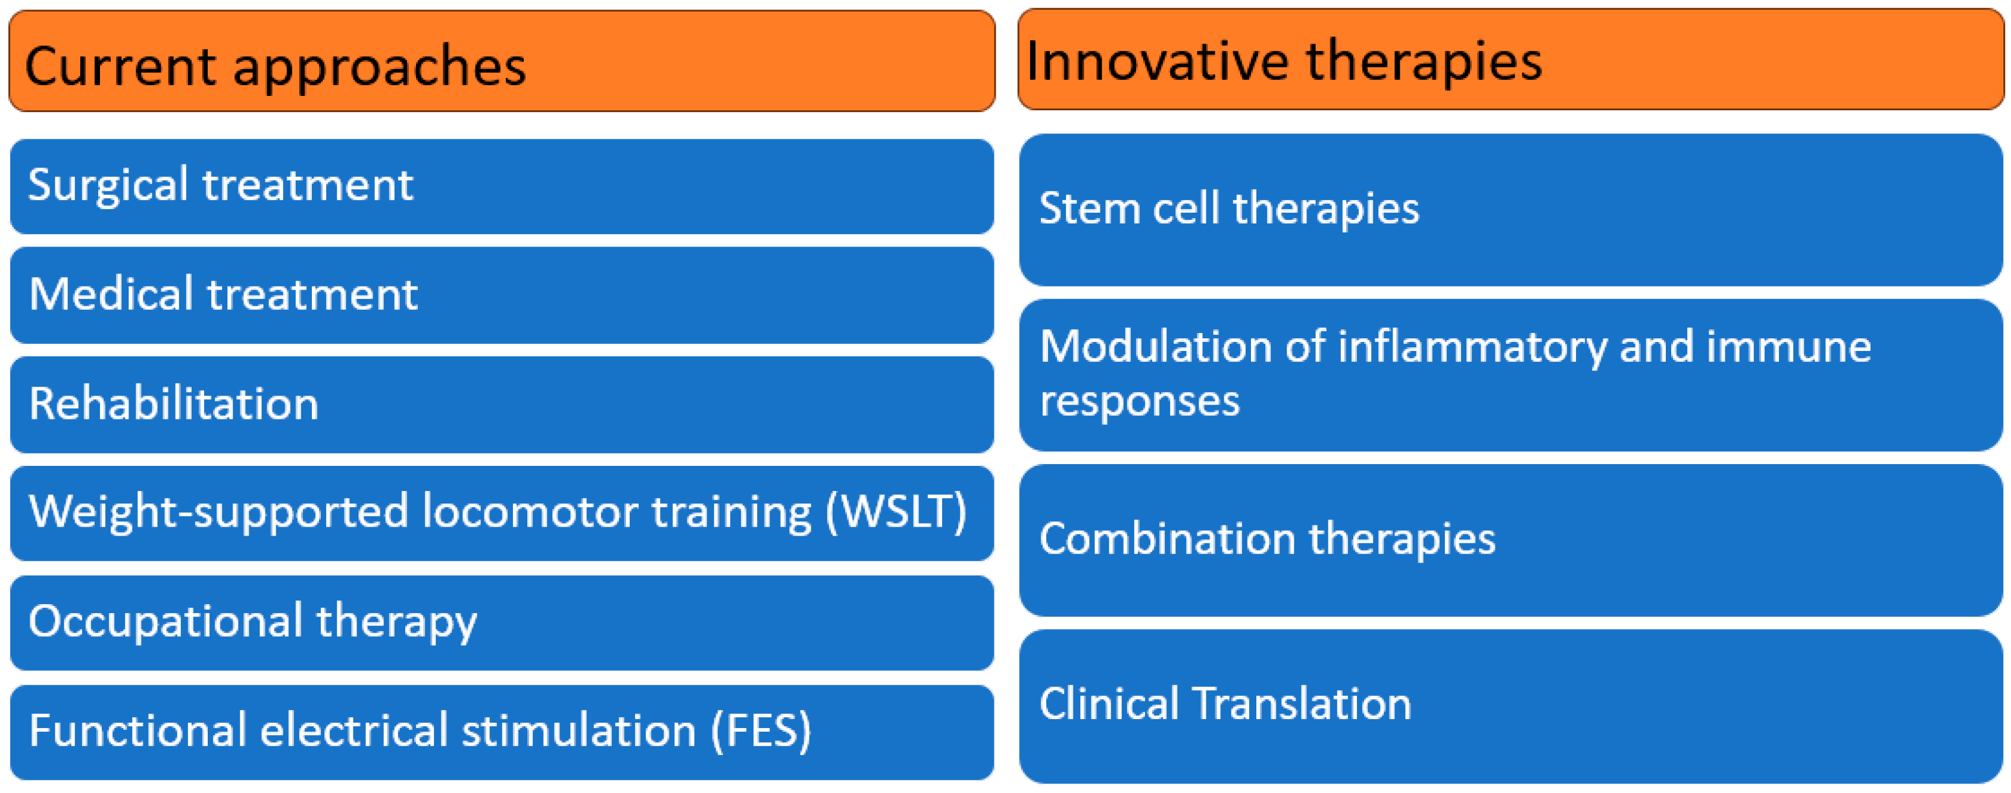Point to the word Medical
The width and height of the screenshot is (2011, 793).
(x=110, y=294)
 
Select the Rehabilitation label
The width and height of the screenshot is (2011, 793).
(x=173, y=404)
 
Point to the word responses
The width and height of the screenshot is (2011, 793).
(x=1139, y=402)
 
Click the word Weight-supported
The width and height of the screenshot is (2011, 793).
(x=218, y=514)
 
